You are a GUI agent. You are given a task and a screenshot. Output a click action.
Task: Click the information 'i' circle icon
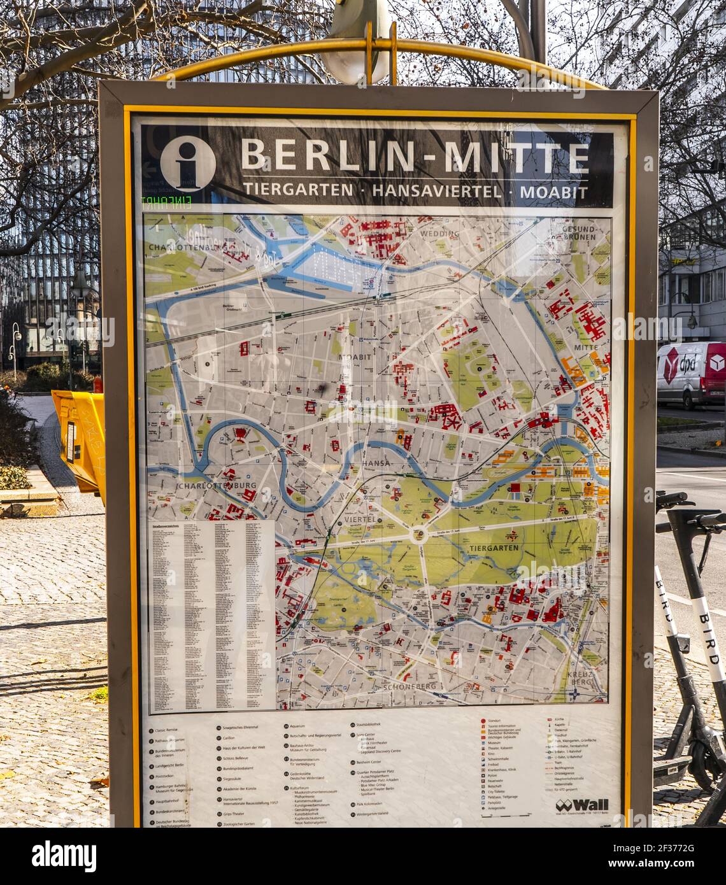coord(187,163)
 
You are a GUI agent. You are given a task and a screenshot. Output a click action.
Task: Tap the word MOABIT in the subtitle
coord(553,190)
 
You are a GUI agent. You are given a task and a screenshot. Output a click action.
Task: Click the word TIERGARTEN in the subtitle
coord(297,189)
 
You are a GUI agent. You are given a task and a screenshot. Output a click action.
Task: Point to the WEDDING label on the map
coord(439,234)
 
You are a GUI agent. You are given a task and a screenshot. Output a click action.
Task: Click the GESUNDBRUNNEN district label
coord(578,232)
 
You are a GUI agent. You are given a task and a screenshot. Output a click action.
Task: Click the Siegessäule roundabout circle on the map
coord(418,534)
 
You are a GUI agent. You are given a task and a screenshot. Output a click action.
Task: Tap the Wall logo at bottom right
coord(581,805)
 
